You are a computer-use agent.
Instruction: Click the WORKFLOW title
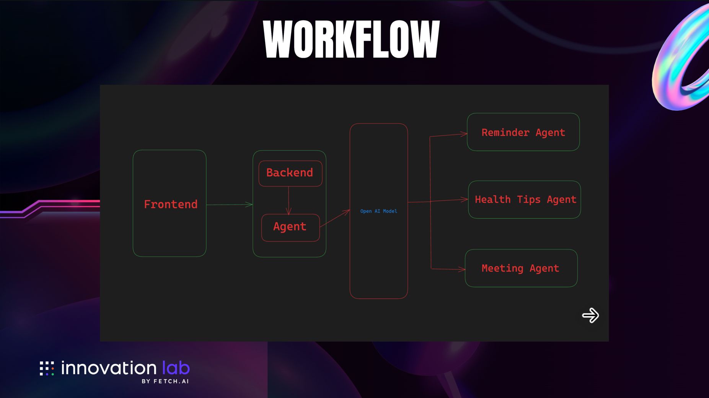click(x=352, y=39)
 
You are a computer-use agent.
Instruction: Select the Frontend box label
click(x=171, y=204)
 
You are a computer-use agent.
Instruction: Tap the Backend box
click(x=290, y=174)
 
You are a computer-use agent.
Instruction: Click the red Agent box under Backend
click(x=290, y=227)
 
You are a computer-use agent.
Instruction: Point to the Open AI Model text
click(x=379, y=211)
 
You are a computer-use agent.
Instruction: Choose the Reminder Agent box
click(x=523, y=132)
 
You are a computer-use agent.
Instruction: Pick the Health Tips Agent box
click(x=524, y=200)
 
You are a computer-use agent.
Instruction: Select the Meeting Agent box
click(x=521, y=268)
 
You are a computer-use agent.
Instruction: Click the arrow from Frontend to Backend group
click(x=230, y=205)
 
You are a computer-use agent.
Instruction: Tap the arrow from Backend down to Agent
click(x=288, y=200)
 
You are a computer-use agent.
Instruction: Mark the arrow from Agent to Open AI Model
click(x=335, y=218)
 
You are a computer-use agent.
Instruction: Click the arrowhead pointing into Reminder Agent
click(x=464, y=134)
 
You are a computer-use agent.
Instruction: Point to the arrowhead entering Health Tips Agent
click(x=465, y=199)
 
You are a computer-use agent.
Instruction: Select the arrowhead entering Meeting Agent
click(x=462, y=270)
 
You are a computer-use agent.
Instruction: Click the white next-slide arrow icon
click(x=590, y=315)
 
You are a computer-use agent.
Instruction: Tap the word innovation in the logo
click(x=109, y=368)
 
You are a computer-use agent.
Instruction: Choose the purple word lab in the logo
click(x=176, y=367)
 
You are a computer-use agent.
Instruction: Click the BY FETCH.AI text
click(x=165, y=381)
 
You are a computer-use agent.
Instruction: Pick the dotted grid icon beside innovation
click(x=47, y=368)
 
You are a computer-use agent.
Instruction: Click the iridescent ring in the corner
click(x=681, y=57)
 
